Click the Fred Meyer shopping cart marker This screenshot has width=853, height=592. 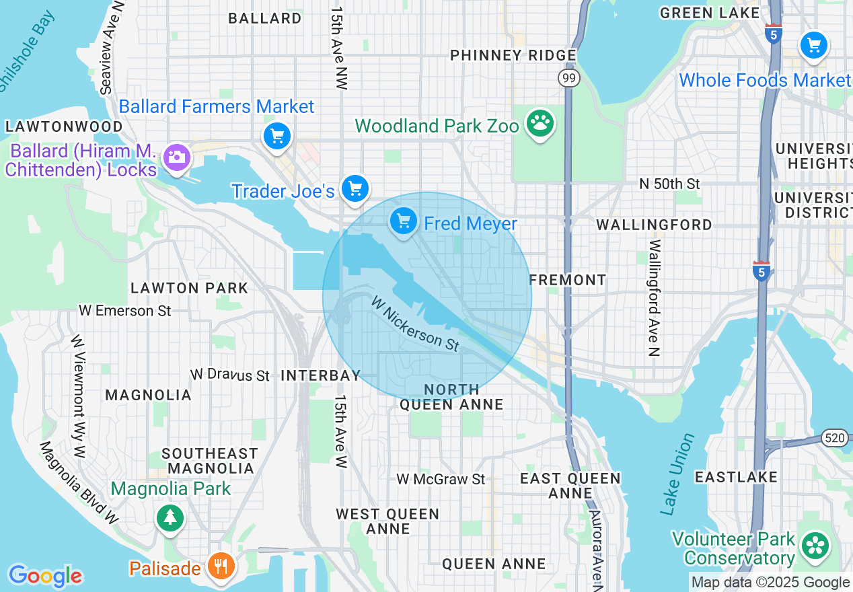[403, 221]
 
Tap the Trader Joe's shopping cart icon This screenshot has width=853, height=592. [355, 188]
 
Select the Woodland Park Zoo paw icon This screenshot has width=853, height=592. [540, 123]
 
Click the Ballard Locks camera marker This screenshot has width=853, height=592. [177, 158]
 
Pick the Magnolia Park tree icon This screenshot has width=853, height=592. [170, 517]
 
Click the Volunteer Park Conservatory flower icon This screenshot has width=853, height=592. [816, 544]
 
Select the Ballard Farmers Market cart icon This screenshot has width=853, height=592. [277, 137]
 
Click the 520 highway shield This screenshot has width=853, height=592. [834, 439]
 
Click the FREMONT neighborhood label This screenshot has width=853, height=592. [568, 279]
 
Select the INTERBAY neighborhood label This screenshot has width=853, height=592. [321, 375]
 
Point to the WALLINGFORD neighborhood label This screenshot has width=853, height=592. [654, 225]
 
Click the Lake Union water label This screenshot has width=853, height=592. [677, 474]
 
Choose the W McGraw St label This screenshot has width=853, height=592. [441, 479]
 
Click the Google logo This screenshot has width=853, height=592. [45, 576]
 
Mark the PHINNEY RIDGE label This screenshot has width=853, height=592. [513, 55]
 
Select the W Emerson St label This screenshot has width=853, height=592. [125, 311]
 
